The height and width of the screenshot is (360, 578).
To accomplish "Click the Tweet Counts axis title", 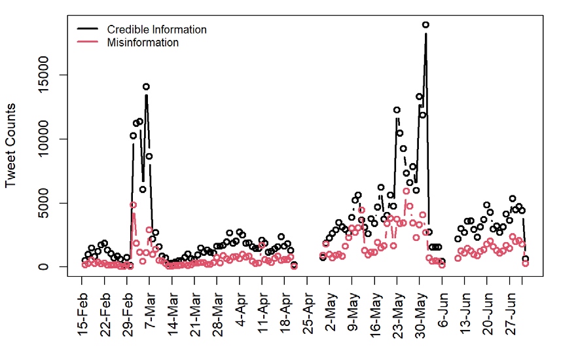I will pos(11,145).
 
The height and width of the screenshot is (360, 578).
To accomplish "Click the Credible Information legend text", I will pos(156,29).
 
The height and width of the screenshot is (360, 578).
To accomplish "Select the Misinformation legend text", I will pos(143,43).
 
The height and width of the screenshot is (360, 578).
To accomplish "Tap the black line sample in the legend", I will pos(88,29).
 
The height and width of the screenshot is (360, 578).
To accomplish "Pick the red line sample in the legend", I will pos(88,43).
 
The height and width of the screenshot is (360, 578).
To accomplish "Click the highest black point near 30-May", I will pos(425,25).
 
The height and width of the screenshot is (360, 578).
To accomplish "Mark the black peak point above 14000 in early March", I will pos(146,86).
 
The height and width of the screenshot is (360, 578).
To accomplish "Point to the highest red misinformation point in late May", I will pos(406,191).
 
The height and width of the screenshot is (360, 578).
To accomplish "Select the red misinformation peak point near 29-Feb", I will pos(133,205).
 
